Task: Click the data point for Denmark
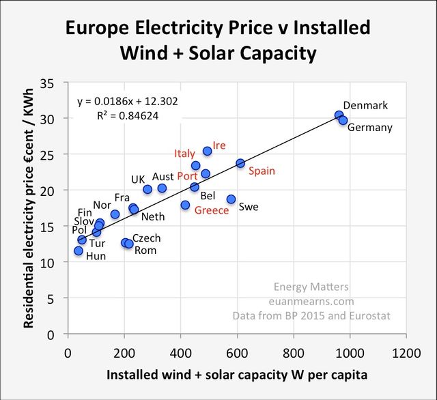(x=339, y=115)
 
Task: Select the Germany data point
(x=343, y=120)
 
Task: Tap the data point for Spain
(x=240, y=163)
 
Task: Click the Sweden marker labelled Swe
(x=231, y=199)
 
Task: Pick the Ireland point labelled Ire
(x=208, y=151)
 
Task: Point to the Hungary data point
(x=79, y=251)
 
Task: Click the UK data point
(x=147, y=190)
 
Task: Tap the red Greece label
(x=212, y=210)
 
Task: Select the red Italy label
(x=184, y=153)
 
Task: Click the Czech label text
(x=146, y=238)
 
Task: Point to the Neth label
(x=152, y=217)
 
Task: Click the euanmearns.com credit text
(x=311, y=301)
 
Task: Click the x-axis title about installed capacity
(x=238, y=377)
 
